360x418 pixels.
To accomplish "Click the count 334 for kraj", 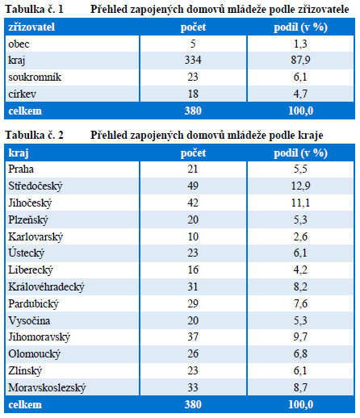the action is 193,60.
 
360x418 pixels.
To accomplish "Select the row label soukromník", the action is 35,77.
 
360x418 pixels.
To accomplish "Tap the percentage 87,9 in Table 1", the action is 300,60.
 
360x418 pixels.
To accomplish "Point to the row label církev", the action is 22,94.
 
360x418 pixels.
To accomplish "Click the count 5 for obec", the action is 193,44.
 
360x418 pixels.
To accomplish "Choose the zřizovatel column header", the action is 31,27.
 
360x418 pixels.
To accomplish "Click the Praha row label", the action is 21,169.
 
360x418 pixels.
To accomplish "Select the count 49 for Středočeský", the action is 193,186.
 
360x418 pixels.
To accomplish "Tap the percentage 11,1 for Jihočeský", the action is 300,203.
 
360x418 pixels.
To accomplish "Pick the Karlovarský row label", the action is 36,236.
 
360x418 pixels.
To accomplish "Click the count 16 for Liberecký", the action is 193,270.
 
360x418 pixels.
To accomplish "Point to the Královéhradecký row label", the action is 46,286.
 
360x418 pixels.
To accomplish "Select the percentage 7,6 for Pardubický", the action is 300,303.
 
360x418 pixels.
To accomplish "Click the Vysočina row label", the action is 29,320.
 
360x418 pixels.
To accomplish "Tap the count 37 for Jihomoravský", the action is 193,336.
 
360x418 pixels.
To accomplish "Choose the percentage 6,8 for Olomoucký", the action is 300,353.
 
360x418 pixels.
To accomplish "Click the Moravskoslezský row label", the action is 47,387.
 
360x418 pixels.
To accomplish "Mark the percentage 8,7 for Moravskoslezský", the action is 300,387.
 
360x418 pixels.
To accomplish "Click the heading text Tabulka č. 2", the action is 34,135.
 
